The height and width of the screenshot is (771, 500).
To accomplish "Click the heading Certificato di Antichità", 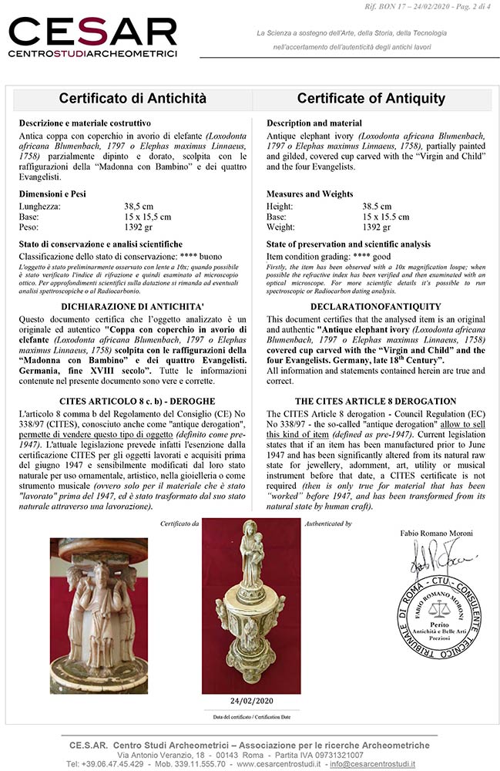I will (x=133, y=99).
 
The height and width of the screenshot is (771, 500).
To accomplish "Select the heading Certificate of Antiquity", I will (x=371, y=99).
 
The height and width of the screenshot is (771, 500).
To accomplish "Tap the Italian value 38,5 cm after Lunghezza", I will (x=139, y=207).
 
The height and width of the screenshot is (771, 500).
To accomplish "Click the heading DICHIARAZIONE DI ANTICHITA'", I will (x=133, y=306).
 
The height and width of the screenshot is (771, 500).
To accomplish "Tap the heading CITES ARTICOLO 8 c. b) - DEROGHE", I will (x=133, y=402).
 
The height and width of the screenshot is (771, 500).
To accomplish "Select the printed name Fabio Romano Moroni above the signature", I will (x=435, y=533).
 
